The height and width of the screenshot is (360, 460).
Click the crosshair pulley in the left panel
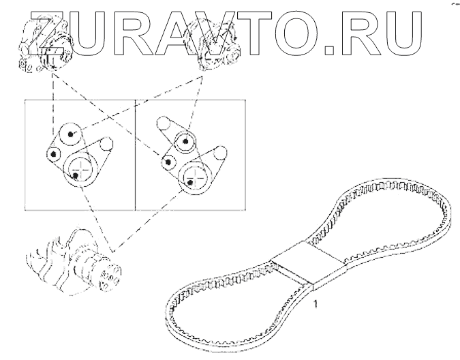79,168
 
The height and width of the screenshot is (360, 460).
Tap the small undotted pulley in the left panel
105,144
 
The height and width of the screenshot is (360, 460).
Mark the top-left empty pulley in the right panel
164,124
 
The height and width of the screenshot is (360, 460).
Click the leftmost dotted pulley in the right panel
168,162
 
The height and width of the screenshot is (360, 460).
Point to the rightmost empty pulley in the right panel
220,154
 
